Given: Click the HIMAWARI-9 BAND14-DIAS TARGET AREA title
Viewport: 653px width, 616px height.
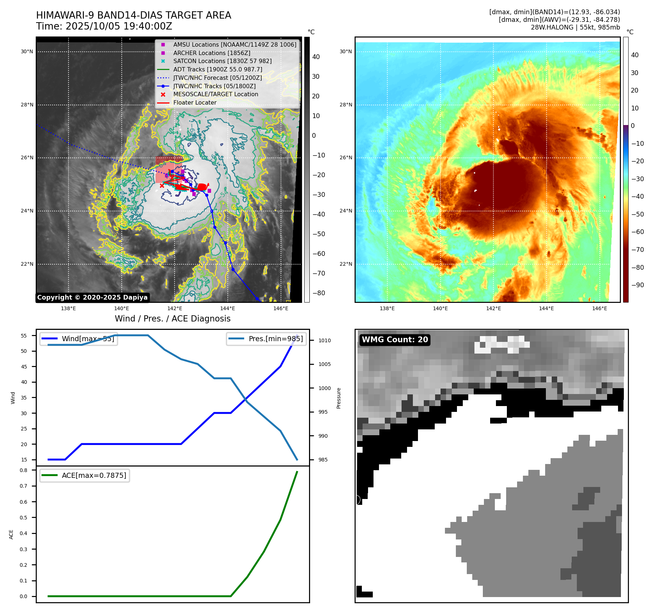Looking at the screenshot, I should point(133,15).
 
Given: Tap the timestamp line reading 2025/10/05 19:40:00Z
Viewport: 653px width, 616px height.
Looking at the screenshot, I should point(104,26).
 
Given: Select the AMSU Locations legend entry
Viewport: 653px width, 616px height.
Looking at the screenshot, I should point(234,44).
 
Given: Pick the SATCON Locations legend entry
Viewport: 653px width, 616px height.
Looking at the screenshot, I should point(222,61).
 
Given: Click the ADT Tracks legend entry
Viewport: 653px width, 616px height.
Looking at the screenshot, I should point(218,69).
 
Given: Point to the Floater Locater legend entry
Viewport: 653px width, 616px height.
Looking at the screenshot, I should point(195,102).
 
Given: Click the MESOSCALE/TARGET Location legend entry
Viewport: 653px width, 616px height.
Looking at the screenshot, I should point(215,94).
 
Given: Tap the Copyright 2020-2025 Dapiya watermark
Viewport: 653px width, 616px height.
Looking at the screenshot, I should point(92,297).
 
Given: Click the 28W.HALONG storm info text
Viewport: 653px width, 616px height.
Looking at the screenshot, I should point(575,27).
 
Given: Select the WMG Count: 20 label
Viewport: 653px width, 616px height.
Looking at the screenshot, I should point(395,340).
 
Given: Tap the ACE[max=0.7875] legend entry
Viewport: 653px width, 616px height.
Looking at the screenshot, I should point(94,475).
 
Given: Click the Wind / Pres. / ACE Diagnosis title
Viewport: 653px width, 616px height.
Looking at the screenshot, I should point(172,319).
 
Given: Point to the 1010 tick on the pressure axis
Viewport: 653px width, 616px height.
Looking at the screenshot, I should point(325,340).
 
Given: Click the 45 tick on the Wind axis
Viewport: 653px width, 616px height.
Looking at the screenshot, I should point(24,367).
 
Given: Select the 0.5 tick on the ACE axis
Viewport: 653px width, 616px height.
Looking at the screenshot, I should point(24,518).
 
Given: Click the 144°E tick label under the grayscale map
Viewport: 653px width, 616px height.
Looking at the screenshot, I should point(227,308).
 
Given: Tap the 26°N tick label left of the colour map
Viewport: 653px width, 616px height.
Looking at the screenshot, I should point(346,158).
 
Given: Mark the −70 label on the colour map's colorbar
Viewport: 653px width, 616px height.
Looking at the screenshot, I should point(637,250).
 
